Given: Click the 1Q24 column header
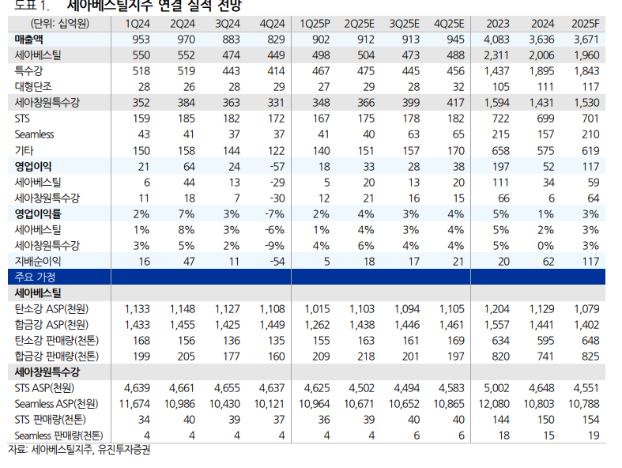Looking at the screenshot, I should tap(139, 23).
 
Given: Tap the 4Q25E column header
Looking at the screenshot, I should tap(449, 23).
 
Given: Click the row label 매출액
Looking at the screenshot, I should tap(29, 39).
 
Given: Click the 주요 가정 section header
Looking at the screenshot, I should tap(32, 277).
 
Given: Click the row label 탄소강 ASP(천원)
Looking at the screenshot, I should tap(51, 308).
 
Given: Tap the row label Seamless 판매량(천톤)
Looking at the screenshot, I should tap(58, 435).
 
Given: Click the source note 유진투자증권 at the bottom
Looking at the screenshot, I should tap(123, 451).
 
